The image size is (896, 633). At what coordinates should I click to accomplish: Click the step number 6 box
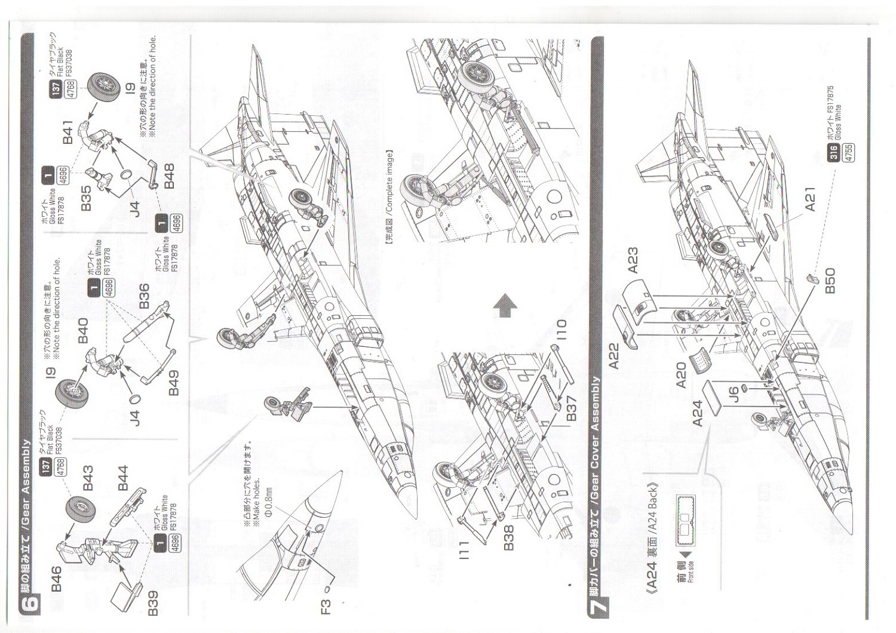[30, 602]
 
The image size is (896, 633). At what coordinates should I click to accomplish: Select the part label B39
[153, 603]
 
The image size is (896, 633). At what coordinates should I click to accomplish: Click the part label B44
[123, 478]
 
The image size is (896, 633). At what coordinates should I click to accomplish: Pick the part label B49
[173, 382]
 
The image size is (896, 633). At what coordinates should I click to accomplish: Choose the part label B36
[144, 296]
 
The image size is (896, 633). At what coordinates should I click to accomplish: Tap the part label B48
[169, 176]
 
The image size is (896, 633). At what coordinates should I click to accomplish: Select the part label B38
[508, 538]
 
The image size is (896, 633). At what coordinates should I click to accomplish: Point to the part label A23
[633, 260]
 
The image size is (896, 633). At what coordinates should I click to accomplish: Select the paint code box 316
[834, 154]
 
